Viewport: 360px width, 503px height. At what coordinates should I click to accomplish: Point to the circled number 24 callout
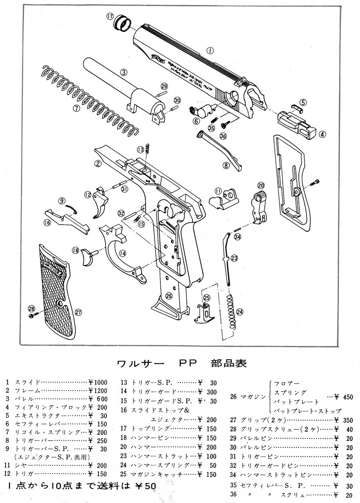pos(239,311)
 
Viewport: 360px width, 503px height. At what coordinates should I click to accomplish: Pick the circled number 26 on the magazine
pos(169,296)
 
